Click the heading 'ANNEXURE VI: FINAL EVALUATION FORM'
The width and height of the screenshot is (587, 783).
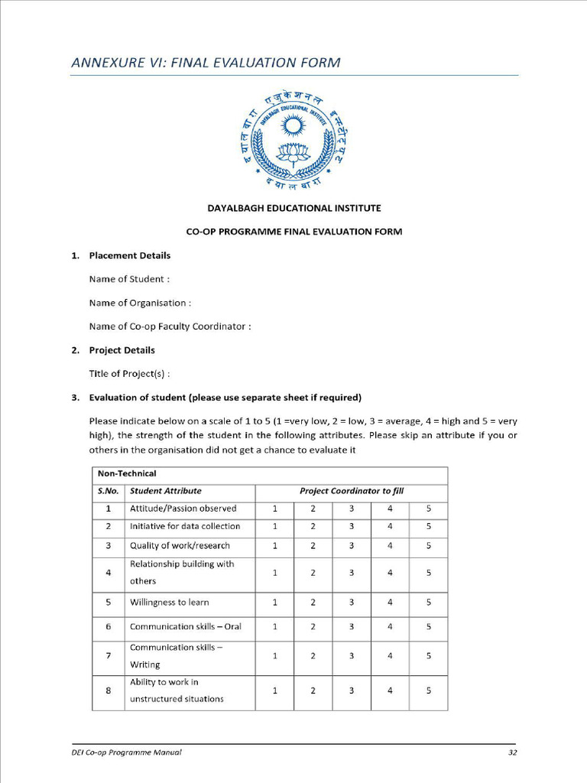point(206,63)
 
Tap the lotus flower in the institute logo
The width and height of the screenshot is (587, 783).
point(293,152)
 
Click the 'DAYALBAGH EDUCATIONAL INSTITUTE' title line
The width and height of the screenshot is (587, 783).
point(293,208)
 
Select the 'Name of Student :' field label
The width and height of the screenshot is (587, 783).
point(129,279)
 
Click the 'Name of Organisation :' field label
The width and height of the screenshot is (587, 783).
point(140,303)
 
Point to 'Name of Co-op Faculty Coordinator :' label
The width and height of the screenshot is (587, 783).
point(170,327)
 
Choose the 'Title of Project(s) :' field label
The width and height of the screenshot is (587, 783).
point(129,374)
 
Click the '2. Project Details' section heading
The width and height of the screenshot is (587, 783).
point(122,350)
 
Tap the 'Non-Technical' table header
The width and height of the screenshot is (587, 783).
point(127,474)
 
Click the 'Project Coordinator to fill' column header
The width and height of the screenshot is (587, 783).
point(351,491)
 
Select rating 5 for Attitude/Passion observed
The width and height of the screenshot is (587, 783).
point(428,508)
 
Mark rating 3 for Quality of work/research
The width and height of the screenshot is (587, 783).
point(352,546)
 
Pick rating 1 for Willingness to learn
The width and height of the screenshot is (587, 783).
point(274,603)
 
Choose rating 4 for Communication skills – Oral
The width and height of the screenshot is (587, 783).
point(390,627)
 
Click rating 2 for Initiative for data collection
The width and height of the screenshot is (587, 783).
point(313,526)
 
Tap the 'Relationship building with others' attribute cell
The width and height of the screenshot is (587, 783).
point(182,572)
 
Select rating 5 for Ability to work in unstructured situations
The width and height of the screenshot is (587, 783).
point(428,690)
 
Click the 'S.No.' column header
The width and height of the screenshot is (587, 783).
point(108,491)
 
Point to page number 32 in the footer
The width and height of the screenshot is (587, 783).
point(513,752)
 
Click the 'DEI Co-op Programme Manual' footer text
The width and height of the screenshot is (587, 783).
point(122,752)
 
